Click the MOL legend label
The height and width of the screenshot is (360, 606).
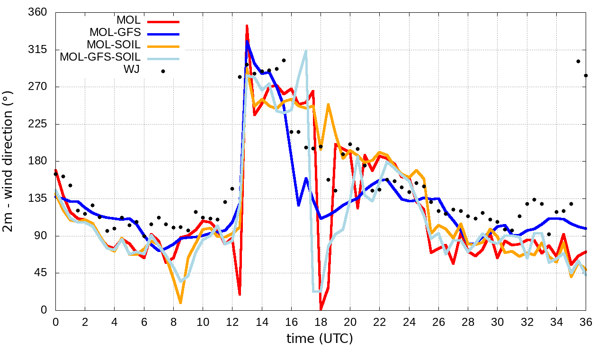128,21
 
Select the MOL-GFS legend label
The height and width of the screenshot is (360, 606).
115,33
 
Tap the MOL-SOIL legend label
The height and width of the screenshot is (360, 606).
114,45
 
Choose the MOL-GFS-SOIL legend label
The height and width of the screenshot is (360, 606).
100,57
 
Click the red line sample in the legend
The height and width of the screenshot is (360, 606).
163,21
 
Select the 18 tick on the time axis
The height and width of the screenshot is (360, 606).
321,322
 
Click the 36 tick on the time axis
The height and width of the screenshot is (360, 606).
586,322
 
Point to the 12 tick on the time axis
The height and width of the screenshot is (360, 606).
232,322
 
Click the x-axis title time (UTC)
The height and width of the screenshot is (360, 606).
320,339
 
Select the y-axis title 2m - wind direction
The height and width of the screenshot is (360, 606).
9,161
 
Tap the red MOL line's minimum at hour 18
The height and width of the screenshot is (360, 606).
321,309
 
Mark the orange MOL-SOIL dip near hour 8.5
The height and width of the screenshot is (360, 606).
180,302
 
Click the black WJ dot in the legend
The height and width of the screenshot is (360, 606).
163,71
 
